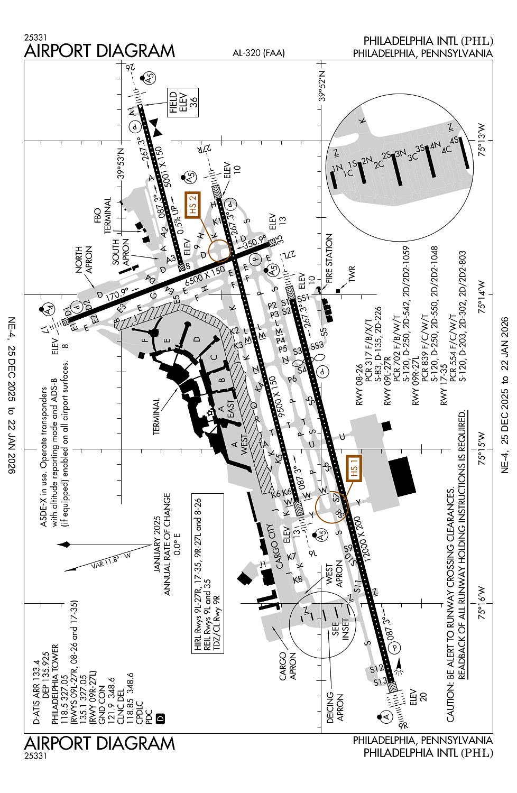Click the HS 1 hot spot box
pos(354,468)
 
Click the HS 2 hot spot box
pos(192,205)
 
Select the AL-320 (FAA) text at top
pos(258,53)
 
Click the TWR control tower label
pos(352,274)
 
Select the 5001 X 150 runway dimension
pos(168,167)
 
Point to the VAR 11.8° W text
pos(110,561)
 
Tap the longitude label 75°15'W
pos(482,449)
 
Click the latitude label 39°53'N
pos(121,163)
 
